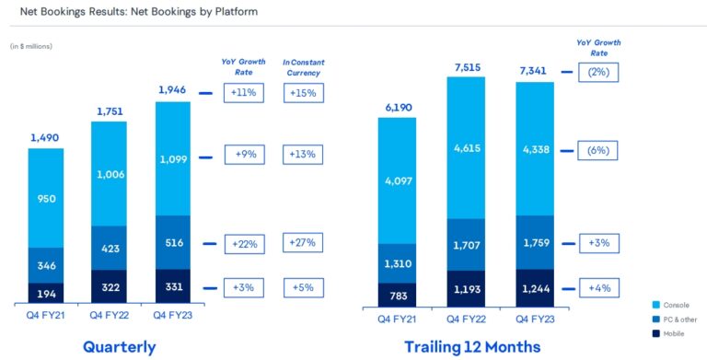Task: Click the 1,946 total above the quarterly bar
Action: point(173,90)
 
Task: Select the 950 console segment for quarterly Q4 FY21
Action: point(46,197)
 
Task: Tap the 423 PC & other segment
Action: point(110,247)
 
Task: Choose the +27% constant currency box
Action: point(304,243)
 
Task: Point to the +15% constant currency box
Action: point(304,93)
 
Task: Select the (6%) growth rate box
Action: point(598,149)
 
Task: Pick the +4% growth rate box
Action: point(598,289)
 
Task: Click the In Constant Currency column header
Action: point(304,67)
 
